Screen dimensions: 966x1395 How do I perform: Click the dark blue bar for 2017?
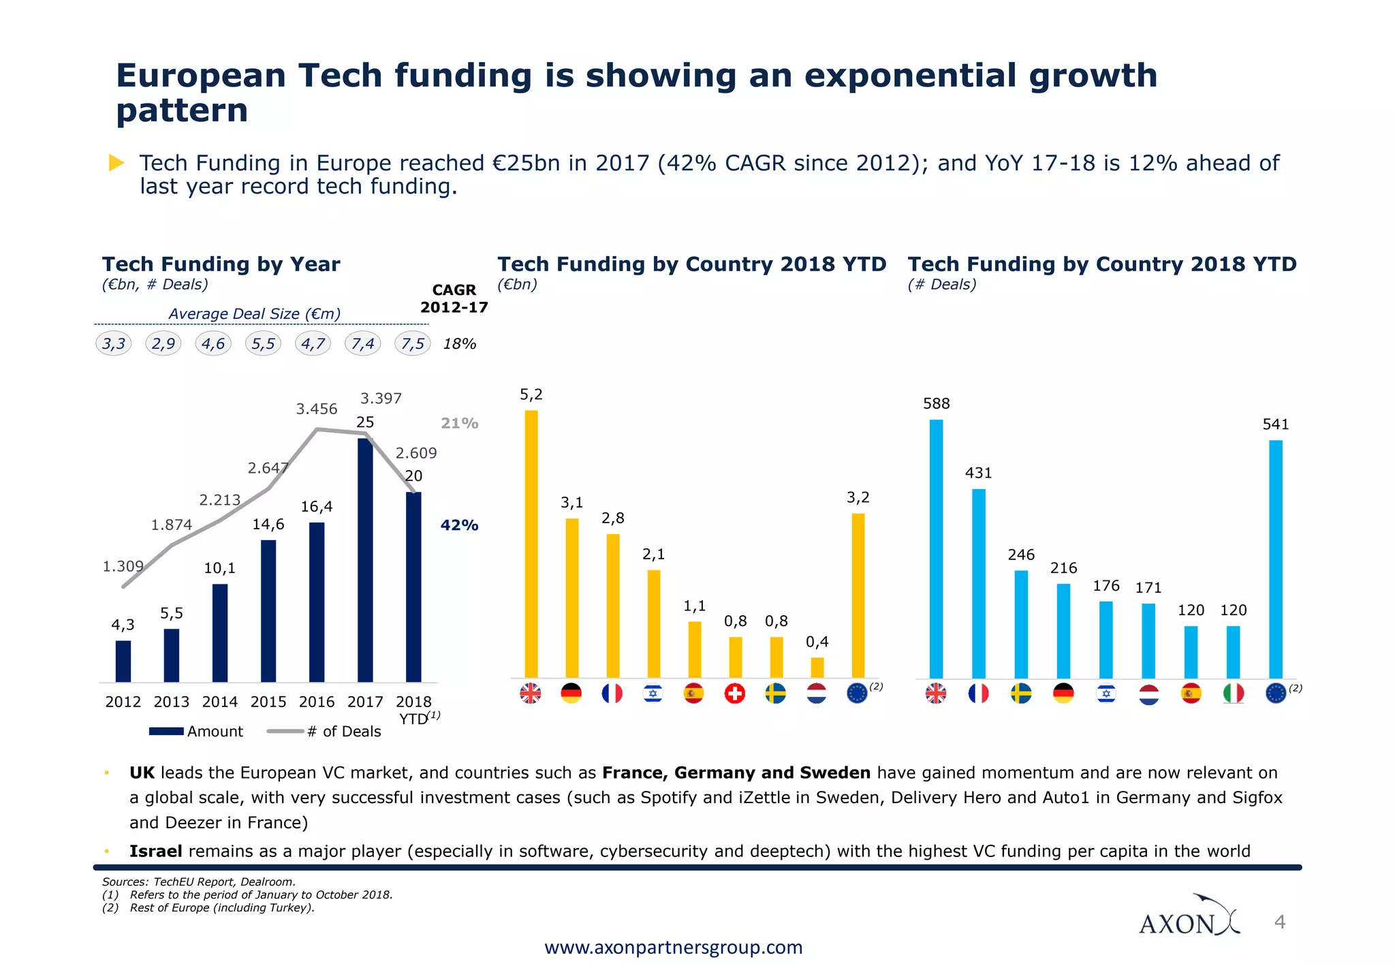[365, 560]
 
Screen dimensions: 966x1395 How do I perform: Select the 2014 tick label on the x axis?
[219, 702]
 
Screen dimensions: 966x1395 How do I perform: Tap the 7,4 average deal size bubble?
[363, 343]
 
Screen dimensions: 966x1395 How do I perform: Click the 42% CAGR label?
[459, 525]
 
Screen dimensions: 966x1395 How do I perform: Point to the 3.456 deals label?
[316, 409]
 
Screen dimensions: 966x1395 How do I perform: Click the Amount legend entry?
[196, 731]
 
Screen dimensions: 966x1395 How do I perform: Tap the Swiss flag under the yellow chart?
[735, 694]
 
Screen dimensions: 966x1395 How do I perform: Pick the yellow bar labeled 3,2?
[858, 595]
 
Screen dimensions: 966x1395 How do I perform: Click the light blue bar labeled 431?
[979, 583]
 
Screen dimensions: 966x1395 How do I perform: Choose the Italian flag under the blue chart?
[1234, 694]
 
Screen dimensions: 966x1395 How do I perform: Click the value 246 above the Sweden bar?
[1021, 555]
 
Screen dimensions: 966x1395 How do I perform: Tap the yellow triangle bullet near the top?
[116, 163]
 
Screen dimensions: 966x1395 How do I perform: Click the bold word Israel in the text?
[156, 851]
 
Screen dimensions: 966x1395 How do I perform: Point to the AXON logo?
[1189, 917]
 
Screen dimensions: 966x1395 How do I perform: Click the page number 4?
[1280, 922]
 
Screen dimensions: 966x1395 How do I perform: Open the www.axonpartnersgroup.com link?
[673, 948]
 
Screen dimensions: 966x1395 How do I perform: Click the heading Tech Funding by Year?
[221, 264]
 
